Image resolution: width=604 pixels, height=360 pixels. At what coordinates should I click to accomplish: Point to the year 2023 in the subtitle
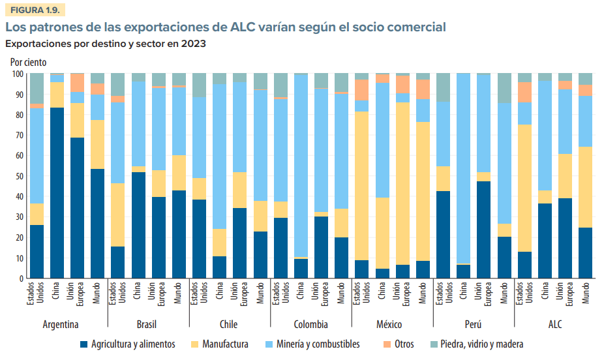194,44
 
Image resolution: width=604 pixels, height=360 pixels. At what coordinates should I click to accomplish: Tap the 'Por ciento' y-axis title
28,63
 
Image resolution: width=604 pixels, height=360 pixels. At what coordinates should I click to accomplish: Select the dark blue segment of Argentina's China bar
57,192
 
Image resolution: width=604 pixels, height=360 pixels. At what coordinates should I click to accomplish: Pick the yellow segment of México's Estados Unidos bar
361,186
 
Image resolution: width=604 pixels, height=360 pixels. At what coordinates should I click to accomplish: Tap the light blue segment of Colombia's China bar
301,166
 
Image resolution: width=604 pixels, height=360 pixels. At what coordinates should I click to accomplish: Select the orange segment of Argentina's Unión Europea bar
77,83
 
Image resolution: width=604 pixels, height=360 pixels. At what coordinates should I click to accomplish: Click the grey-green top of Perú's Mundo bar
504,88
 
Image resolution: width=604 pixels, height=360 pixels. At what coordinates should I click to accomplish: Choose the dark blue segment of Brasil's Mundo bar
179,234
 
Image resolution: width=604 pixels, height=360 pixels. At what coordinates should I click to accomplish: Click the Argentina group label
61,324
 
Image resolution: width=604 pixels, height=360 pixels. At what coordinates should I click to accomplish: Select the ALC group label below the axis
554,324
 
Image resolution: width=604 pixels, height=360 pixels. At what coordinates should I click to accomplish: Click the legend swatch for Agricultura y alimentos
83,344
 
